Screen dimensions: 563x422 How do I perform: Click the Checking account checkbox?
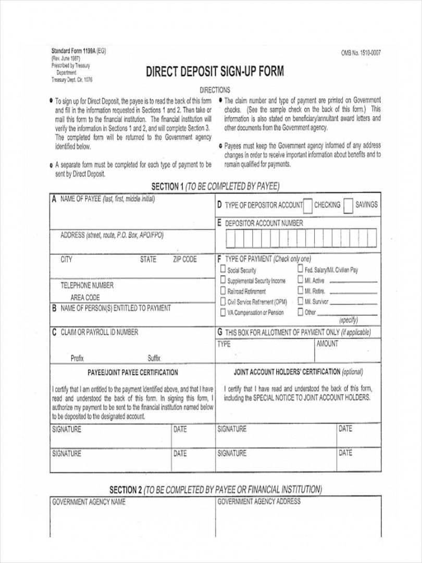[308, 206]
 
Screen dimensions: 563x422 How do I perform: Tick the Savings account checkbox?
[349, 206]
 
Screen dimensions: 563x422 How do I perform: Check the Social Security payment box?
[223, 270]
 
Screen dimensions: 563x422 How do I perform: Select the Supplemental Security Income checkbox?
[223, 280]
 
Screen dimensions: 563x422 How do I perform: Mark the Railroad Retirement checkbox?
[223, 291]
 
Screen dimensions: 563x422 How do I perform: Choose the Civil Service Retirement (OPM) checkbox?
[223, 302]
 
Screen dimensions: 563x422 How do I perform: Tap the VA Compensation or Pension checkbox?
[223, 312]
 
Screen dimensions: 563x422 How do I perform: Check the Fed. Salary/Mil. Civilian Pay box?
[300, 270]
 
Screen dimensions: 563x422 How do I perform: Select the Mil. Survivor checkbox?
[300, 301]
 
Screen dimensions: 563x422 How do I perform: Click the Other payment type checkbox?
[300, 312]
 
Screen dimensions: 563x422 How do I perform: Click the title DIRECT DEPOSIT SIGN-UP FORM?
[215, 72]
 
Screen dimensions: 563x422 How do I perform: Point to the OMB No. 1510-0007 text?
[361, 53]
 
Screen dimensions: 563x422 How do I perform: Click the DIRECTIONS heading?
[215, 90]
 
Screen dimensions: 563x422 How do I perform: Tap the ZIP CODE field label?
[184, 259]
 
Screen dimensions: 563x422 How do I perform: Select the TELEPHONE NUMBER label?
[86, 286]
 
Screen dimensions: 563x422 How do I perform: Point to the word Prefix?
[77, 358]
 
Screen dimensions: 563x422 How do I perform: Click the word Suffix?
[154, 358]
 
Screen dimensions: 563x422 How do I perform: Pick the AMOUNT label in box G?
[327, 344]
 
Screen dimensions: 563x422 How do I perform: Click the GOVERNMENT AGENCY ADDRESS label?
[258, 501]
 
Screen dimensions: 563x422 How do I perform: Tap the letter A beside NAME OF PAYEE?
[54, 199]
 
